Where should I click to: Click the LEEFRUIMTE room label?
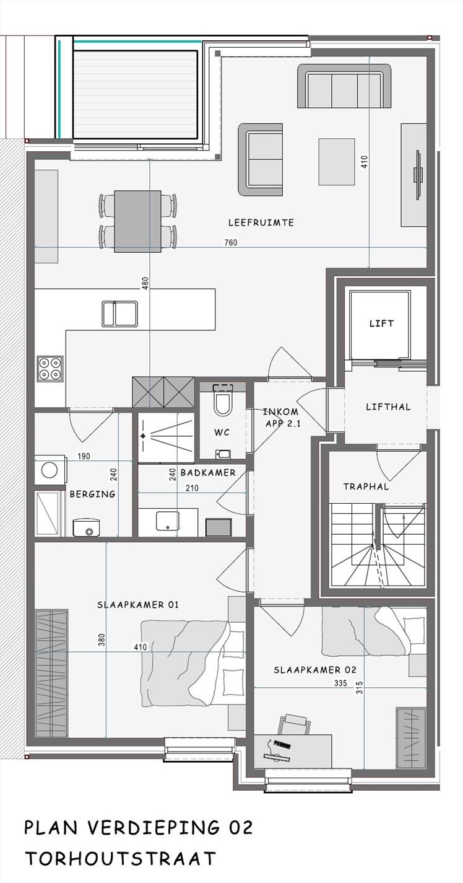tap(261, 222)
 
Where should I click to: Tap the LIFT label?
tap(381, 323)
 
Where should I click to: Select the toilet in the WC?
tap(222, 403)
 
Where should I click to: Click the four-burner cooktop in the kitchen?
tap(50, 369)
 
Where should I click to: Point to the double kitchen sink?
tap(119, 314)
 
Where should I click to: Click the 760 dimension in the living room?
tap(231, 242)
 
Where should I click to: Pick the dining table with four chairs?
tap(138, 221)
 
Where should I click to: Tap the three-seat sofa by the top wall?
tap(345, 86)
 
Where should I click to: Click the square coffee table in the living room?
tap(337, 162)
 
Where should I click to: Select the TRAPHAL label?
tap(366, 487)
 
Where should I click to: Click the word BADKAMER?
tap(208, 473)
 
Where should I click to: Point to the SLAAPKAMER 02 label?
tap(315, 670)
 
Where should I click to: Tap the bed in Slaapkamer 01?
tap(193, 664)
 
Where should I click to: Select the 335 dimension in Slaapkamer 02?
tap(340, 683)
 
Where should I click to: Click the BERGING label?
tap(92, 494)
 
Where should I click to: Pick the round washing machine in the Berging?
tap(50, 470)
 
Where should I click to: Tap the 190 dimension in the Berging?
tap(84, 457)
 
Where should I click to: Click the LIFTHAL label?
tap(388, 407)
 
